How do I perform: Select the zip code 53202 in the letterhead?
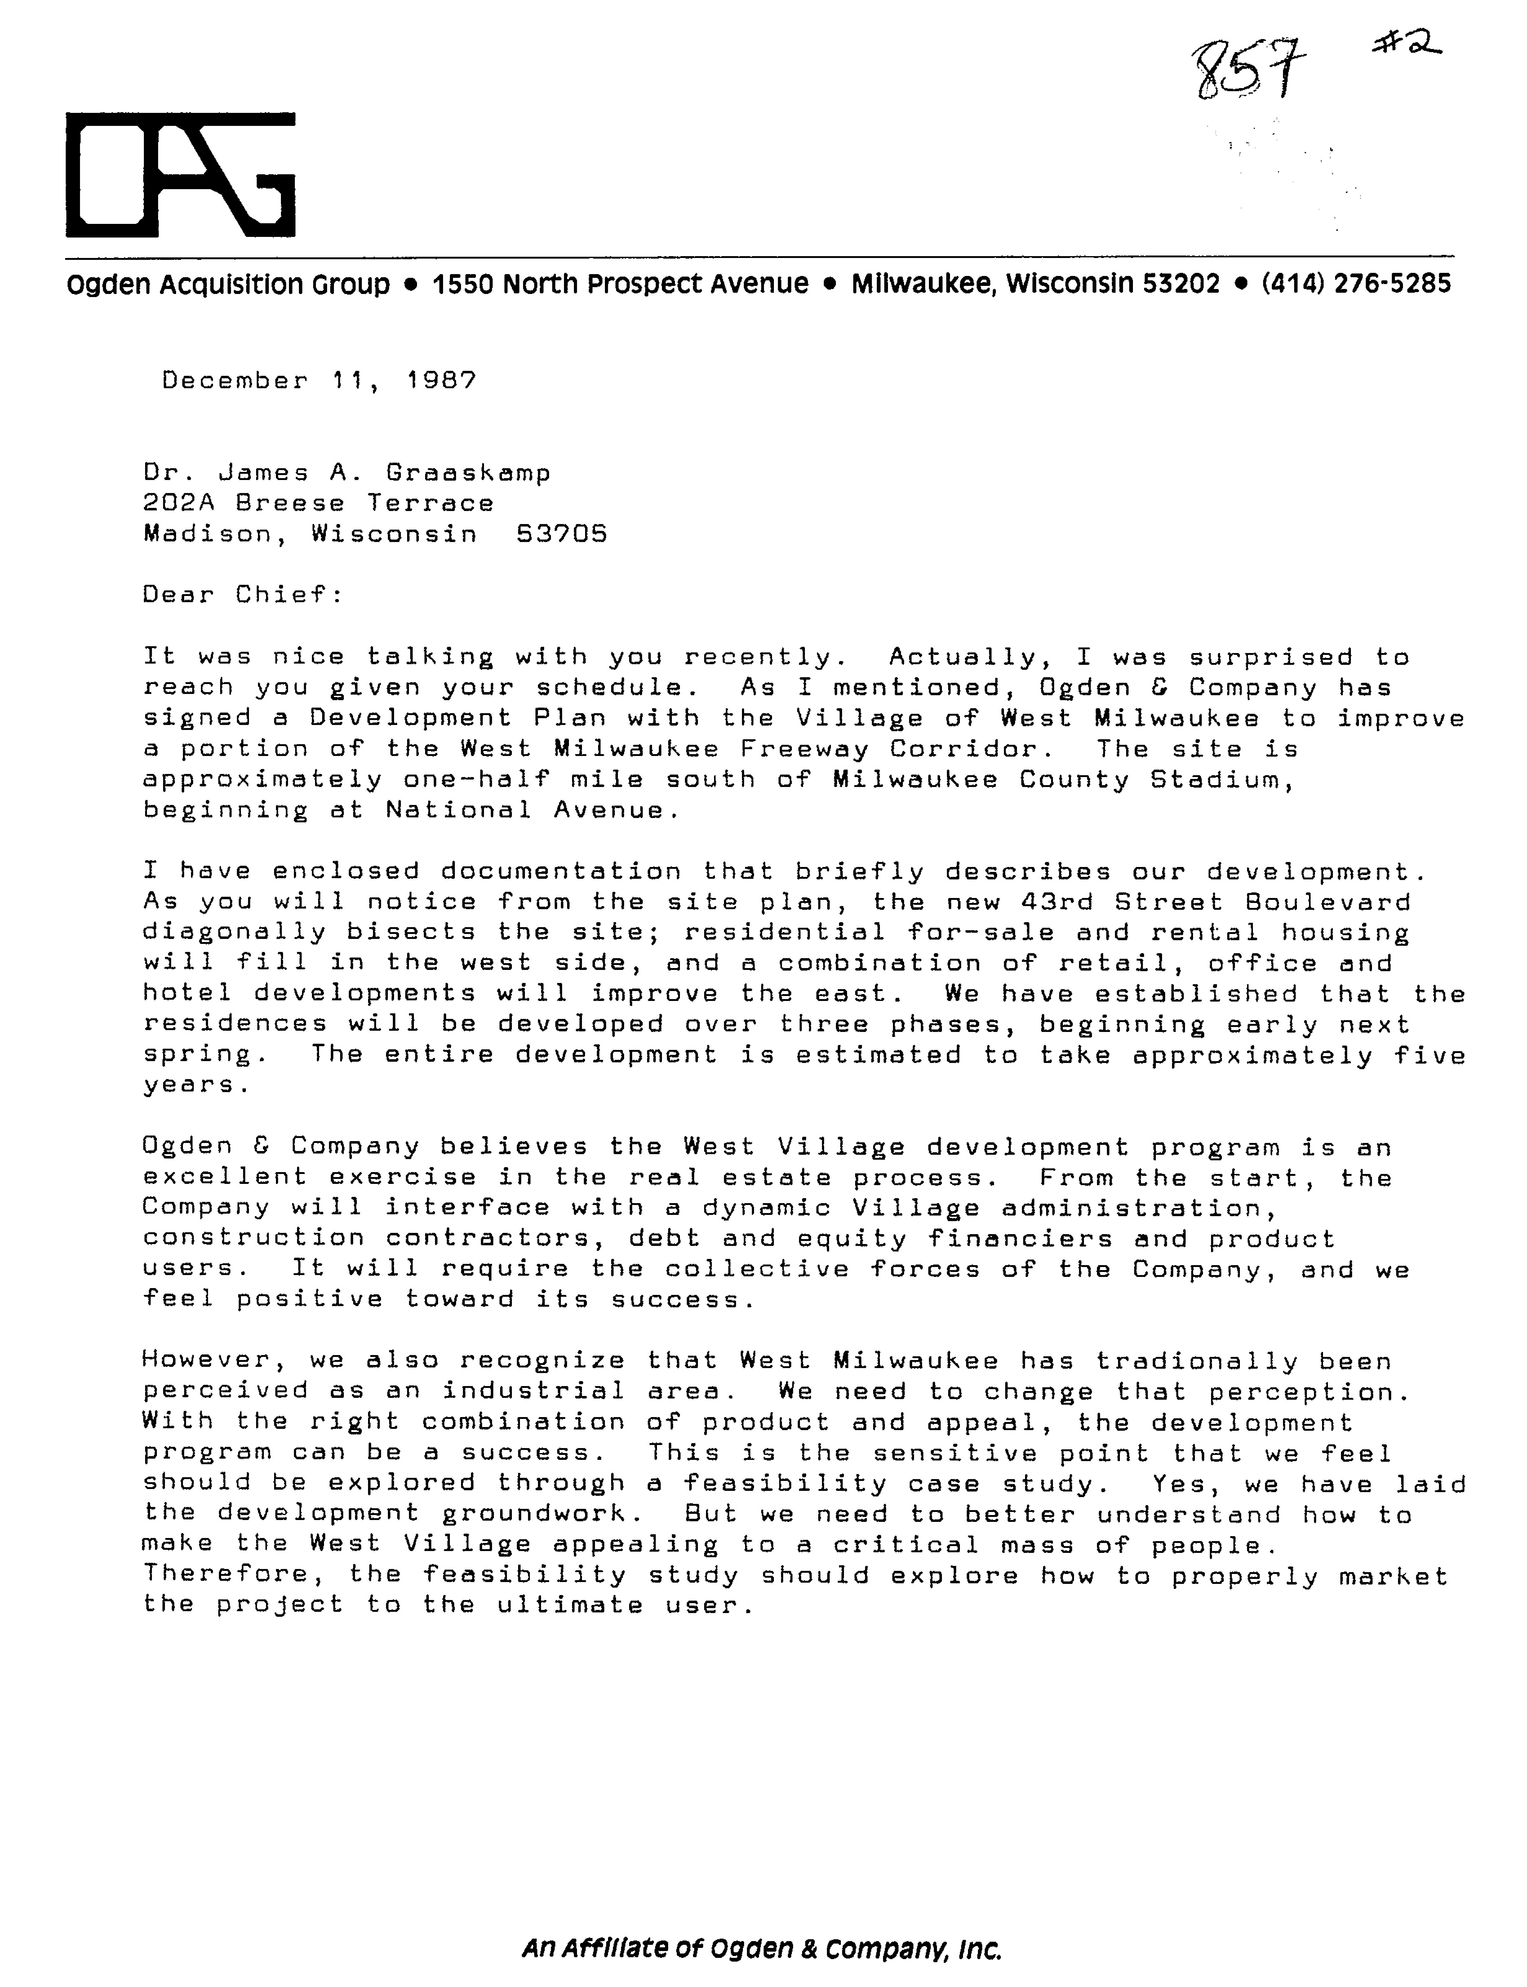[1181, 285]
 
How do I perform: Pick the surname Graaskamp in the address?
[468, 473]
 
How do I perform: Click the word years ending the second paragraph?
[195, 1086]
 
